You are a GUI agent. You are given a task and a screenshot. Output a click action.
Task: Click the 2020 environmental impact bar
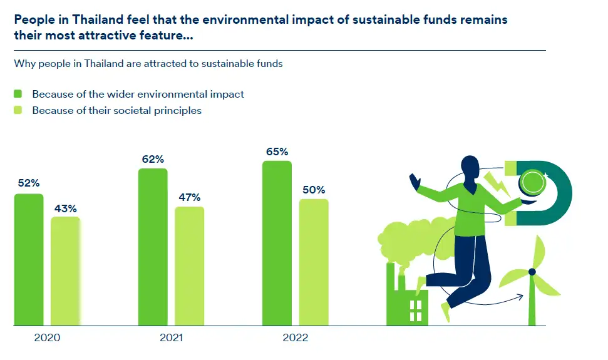pos(29,260)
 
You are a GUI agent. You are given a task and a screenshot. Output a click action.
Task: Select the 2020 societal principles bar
pos(65,271)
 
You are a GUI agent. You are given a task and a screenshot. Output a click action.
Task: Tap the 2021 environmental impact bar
pos(153,247)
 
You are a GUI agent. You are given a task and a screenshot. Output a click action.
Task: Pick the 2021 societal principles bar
pos(189,266)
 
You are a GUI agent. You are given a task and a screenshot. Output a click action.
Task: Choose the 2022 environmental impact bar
pos(277,244)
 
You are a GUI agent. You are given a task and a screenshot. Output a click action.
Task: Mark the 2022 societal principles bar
pos(314,262)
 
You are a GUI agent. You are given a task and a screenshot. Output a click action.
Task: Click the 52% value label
pos(29,183)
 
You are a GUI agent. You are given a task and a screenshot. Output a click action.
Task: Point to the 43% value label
pos(65,208)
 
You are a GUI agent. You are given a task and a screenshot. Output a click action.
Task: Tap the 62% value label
pos(153,159)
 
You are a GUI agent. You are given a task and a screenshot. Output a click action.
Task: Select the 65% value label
pos(277,152)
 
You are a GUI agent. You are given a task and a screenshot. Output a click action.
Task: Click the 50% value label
pos(314,190)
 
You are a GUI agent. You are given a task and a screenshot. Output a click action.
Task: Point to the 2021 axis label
pos(171,338)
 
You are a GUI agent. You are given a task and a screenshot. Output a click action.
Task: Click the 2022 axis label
pos(296,338)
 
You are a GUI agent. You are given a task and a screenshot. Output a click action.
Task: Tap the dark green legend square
pos(18,94)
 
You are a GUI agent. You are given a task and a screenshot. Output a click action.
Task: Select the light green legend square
pos(18,110)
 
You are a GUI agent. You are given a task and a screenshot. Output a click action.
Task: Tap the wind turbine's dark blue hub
pos(532,272)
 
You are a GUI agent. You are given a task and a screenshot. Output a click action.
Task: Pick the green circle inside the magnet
pos(533,182)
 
